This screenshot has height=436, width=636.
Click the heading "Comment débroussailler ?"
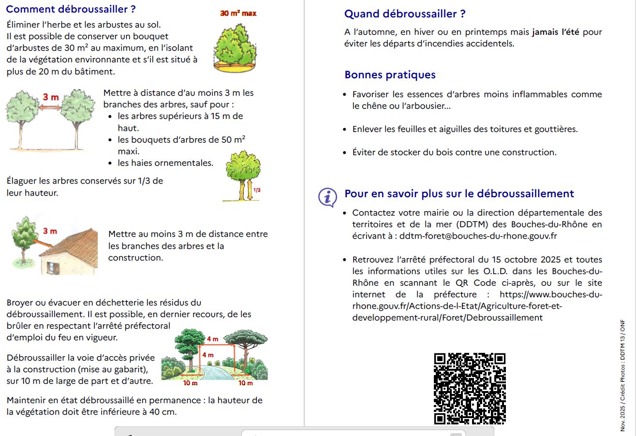click(71, 9)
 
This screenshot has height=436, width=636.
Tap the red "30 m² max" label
click(238, 14)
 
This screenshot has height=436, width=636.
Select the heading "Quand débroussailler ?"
click(405, 14)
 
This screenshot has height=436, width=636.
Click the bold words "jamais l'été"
click(556, 32)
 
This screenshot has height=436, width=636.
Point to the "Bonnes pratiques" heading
click(390, 75)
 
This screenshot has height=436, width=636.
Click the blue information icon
click(327, 197)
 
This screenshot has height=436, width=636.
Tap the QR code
click(470, 389)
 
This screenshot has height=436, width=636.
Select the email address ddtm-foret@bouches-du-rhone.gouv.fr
click(478, 236)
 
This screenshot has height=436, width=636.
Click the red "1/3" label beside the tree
click(257, 190)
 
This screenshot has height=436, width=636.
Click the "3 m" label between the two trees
click(50, 97)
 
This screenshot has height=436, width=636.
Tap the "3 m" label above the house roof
click(50, 231)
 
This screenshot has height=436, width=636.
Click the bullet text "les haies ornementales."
click(165, 163)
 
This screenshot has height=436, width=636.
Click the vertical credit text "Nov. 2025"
click(622, 418)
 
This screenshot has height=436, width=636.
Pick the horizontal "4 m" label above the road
click(212, 339)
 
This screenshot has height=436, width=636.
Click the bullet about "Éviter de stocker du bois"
click(454, 152)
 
